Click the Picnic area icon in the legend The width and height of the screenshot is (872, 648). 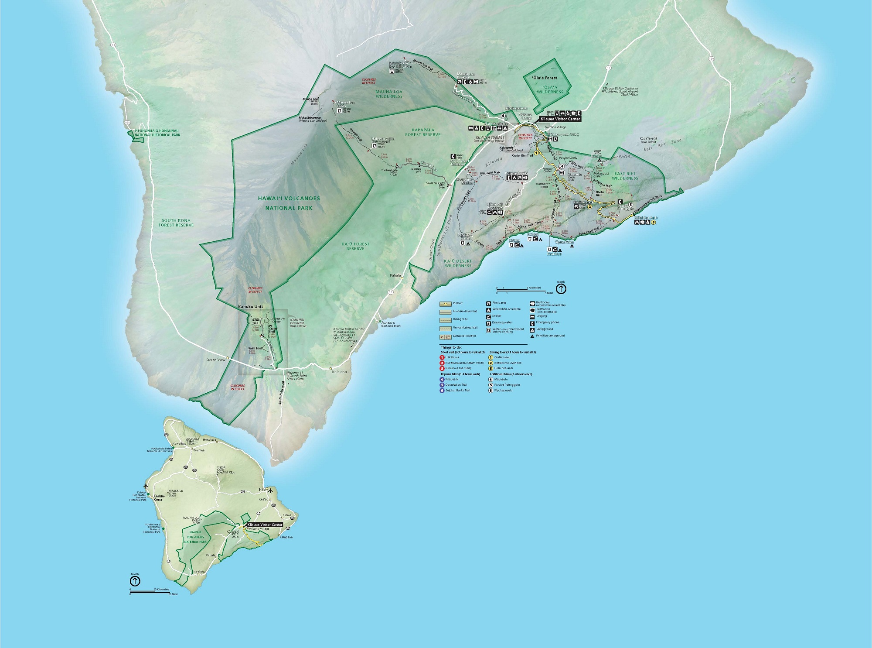[488, 303]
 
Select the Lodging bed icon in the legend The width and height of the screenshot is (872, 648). [532, 316]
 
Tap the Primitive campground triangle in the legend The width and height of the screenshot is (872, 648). [532, 336]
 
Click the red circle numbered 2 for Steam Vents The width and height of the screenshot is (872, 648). [442, 363]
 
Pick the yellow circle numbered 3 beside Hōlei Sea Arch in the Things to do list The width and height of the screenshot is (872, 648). [490, 368]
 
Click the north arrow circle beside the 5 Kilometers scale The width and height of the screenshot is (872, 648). [561, 289]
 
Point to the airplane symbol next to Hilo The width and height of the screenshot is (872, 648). [270, 490]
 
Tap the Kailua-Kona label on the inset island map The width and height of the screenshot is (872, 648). [158, 498]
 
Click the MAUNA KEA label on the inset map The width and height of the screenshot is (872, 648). [225, 473]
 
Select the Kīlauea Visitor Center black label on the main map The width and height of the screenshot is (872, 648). [560, 119]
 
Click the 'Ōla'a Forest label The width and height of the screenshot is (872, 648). [545, 78]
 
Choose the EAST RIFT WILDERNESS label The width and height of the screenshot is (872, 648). [625, 176]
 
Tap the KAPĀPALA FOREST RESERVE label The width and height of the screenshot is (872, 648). [422, 132]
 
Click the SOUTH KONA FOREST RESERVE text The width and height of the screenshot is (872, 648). [176, 223]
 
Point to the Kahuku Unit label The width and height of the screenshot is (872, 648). [250, 307]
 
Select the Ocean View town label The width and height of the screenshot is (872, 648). [215, 360]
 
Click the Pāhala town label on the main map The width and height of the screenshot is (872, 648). [395, 276]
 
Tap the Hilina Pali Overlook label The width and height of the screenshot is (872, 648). [494, 206]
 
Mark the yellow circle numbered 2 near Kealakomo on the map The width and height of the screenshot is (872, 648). [589, 207]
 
